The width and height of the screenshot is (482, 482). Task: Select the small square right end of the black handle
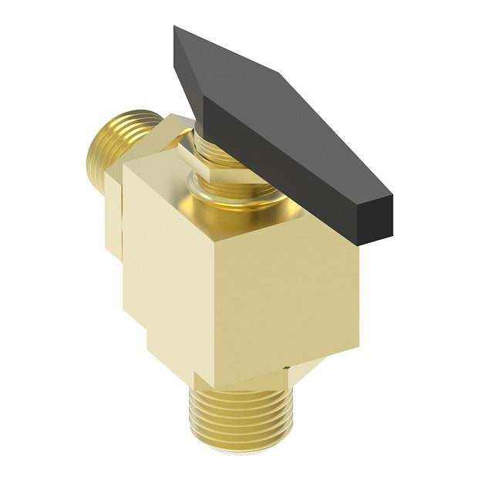pyautogui.click(x=376, y=216)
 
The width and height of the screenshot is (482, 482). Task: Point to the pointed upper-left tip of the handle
pyautogui.click(x=177, y=31)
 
